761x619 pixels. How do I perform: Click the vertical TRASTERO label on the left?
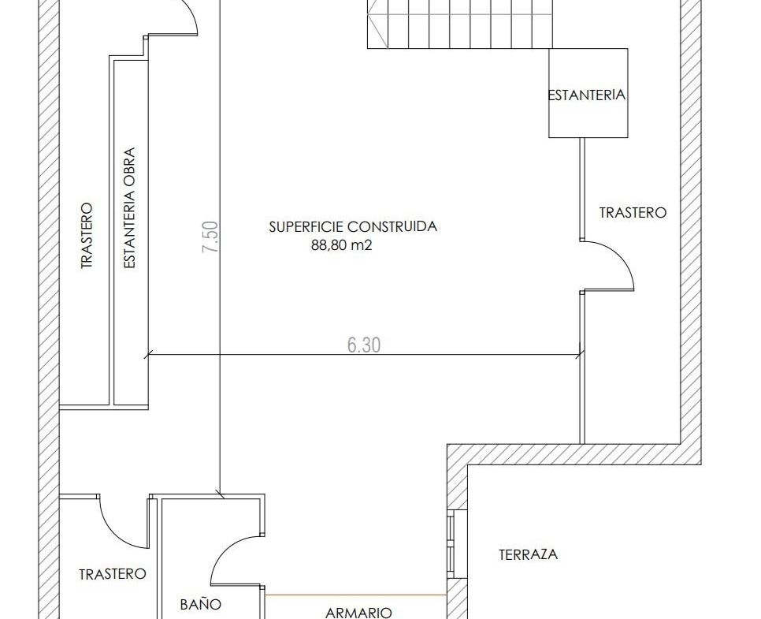86,236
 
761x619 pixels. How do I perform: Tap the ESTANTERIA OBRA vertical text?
129,208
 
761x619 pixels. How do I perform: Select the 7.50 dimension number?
210,237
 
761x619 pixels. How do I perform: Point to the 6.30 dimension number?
364,345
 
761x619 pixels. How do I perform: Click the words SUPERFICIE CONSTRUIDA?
353,226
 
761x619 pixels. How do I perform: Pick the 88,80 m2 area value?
341,245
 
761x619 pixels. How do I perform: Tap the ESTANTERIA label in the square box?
587,95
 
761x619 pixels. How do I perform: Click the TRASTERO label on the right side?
633,213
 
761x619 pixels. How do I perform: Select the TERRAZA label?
528,554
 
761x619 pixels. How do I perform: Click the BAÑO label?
201,604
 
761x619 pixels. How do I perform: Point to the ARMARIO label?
358,613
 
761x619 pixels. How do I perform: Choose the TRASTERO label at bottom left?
113,574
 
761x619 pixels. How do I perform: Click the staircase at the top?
460,24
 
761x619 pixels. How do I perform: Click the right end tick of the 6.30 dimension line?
580,355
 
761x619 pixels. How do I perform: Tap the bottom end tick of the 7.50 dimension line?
221,495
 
